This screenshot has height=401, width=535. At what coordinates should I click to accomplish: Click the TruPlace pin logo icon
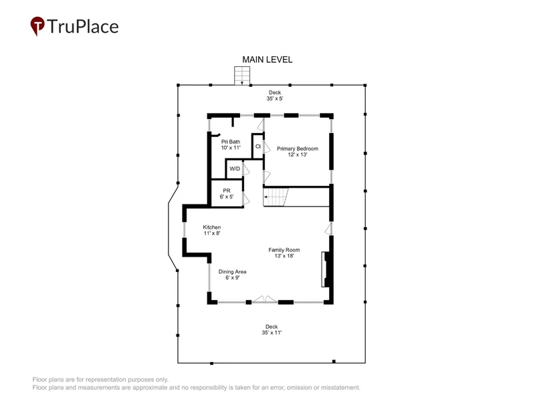[37, 25]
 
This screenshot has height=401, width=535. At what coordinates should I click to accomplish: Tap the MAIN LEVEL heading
[267, 59]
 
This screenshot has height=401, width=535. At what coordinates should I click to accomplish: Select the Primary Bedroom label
[298, 148]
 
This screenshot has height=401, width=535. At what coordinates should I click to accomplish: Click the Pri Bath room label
[231, 142]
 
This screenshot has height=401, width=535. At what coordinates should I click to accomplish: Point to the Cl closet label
[258, 146]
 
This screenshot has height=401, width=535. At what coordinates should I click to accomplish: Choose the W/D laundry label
[235, 169]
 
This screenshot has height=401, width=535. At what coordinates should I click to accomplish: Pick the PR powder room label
[227, 190]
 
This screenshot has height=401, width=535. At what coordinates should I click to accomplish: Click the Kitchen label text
[212, 227]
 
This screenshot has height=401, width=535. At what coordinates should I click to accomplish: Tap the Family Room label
[284, 250]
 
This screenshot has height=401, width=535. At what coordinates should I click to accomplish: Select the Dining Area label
[232, 272]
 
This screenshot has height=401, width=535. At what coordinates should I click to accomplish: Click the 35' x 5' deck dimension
[275, 98]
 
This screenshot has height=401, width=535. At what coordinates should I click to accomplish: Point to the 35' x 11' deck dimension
[272, 332]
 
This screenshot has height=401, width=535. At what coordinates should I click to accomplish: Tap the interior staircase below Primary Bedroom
[276, 197]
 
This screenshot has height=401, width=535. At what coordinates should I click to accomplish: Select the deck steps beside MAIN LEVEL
[242, 76]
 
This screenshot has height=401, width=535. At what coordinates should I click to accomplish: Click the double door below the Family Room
[265, 299]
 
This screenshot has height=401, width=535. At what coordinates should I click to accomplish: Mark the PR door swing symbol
[245, 198]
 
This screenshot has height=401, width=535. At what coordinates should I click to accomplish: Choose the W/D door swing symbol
[245, 169]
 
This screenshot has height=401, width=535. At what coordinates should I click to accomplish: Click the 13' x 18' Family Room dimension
[284, 256]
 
